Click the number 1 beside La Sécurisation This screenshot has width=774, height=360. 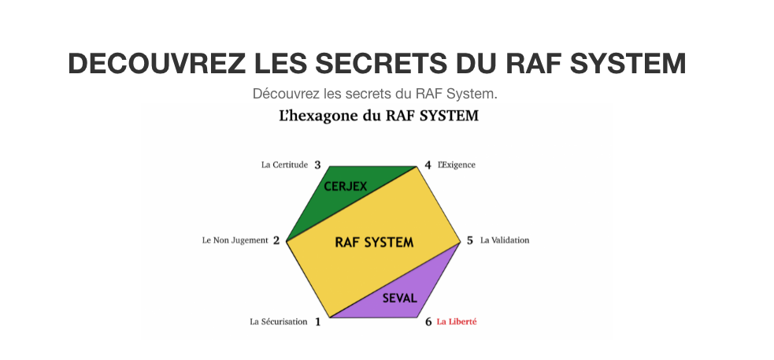pyautogui.click(x=318, y=321)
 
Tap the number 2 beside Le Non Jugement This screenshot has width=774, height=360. pyautogui.click(x=276, y=240)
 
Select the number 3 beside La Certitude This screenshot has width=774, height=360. pyautogui.click(x=317, y=165)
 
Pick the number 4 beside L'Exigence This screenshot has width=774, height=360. pyautogui.click(x=428, y=165)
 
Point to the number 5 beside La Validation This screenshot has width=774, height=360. pyautogui.click(x=470, y=240)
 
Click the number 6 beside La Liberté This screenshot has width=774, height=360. pyautogui.click(x=428, y=321)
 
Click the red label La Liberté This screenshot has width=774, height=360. pyautogui.click(x=457, y=321)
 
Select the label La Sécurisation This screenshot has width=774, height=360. pyautogui.click(x=279, y=321)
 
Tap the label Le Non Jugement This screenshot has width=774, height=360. pyautogui.click(x=235, y=240)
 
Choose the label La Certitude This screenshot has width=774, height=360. pyautogui.click(x=284, y=165)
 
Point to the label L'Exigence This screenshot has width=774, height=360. pyautogui.click(x=457, y=165)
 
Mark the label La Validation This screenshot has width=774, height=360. pyautogui.click(x=505, y=240)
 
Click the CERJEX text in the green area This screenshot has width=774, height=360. pyautogui.click(x=346, y=187)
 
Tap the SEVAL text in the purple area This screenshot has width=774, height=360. pyautogui.click(x=399, y=299)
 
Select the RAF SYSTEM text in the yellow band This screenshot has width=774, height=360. pyautogui.click(x=374, y=243)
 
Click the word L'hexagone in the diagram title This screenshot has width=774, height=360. pyautogui.click(x=313, y=117)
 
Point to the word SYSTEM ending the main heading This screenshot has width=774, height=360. pyautogui.click(x=628, y=63)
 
